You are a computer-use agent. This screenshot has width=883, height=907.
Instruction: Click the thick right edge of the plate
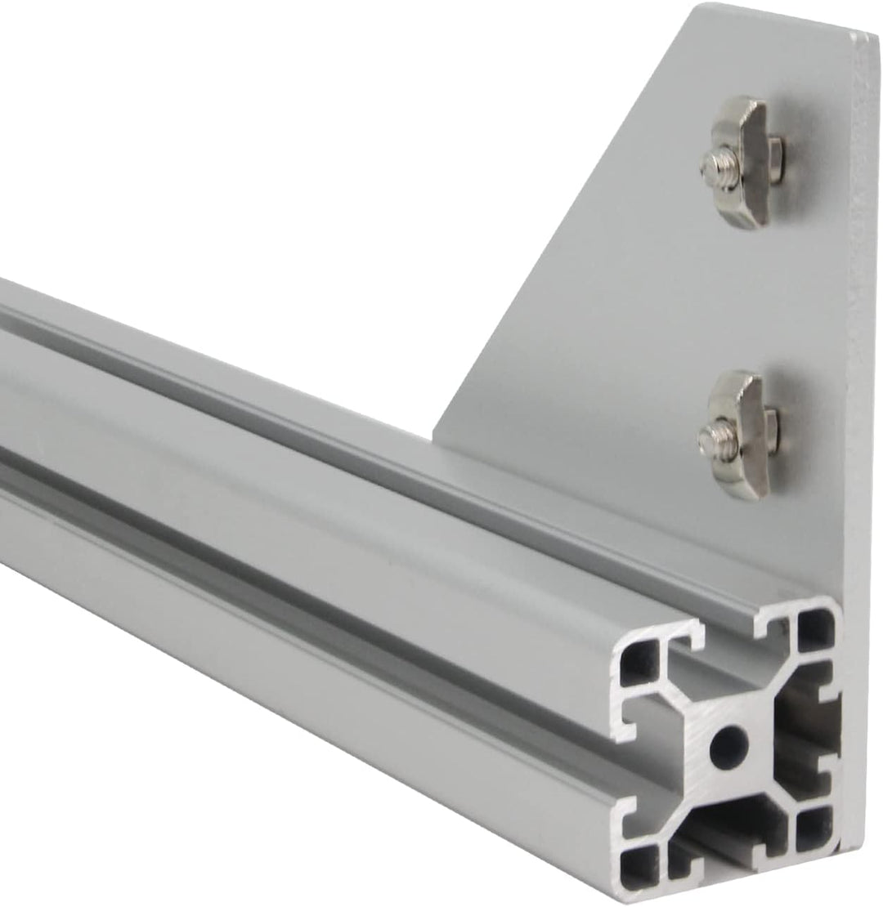coord(863,327)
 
